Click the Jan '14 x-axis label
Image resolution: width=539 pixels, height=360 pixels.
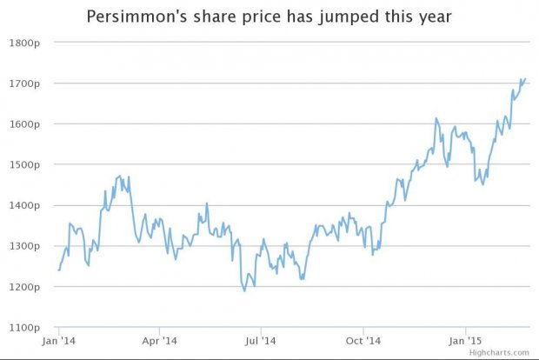[59, 342]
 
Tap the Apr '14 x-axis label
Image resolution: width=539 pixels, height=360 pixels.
[160, 342]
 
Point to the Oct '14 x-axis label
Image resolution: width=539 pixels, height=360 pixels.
[363, 342]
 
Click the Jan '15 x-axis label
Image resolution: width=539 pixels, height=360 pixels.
[465, 342]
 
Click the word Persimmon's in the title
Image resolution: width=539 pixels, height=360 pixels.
[136, 17]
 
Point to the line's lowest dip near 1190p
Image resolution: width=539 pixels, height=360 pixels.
[244, 290]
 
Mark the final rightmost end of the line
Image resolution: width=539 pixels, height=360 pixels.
[526, 79]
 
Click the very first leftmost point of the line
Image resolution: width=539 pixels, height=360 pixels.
[58, 270]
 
